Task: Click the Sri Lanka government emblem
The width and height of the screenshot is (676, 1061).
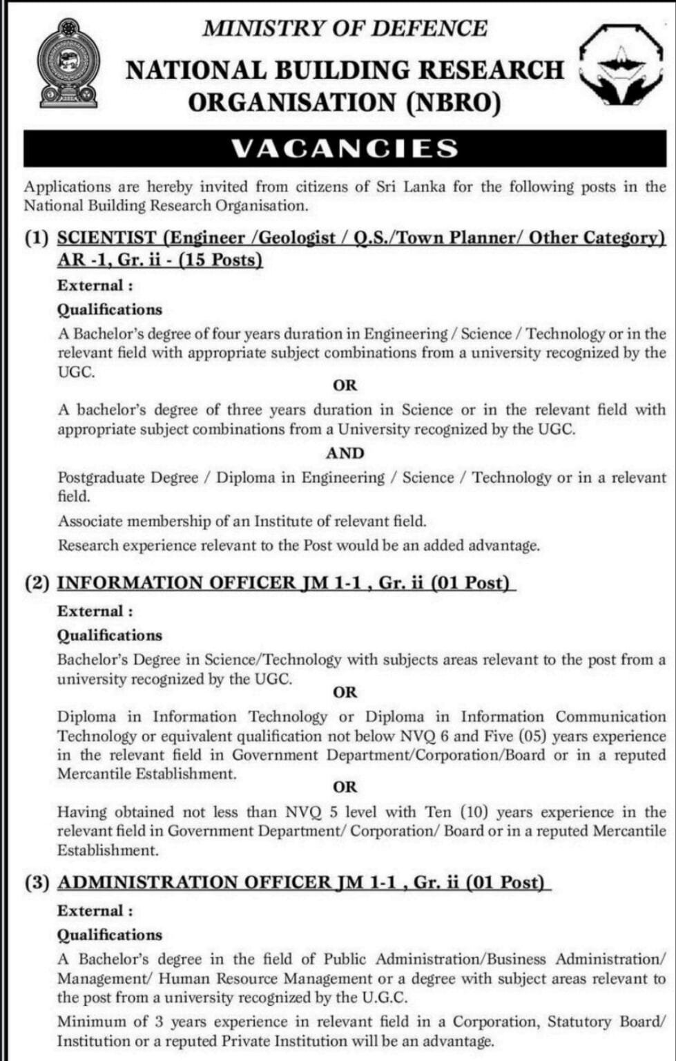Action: (68, 64)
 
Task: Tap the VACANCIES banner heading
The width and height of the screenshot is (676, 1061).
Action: (345, 149)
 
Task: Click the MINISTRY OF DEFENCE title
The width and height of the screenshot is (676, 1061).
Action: (345, 28)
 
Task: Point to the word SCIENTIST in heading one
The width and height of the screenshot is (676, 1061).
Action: (106, 238)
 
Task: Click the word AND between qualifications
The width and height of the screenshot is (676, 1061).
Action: (345, 453)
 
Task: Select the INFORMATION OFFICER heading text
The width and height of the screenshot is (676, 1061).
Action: (177, 582)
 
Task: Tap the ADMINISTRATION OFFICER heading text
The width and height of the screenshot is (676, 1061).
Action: (194, 882)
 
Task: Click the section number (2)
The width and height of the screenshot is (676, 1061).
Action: (37, 582)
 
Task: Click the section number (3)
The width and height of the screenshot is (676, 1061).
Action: (37, 882)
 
